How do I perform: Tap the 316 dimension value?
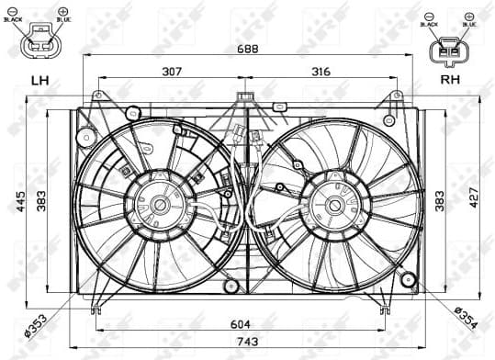[321, 72]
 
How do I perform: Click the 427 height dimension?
[474, 198]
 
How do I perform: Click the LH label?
[39, 80]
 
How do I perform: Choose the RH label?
[450, 80]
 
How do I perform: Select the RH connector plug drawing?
[450, 51]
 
